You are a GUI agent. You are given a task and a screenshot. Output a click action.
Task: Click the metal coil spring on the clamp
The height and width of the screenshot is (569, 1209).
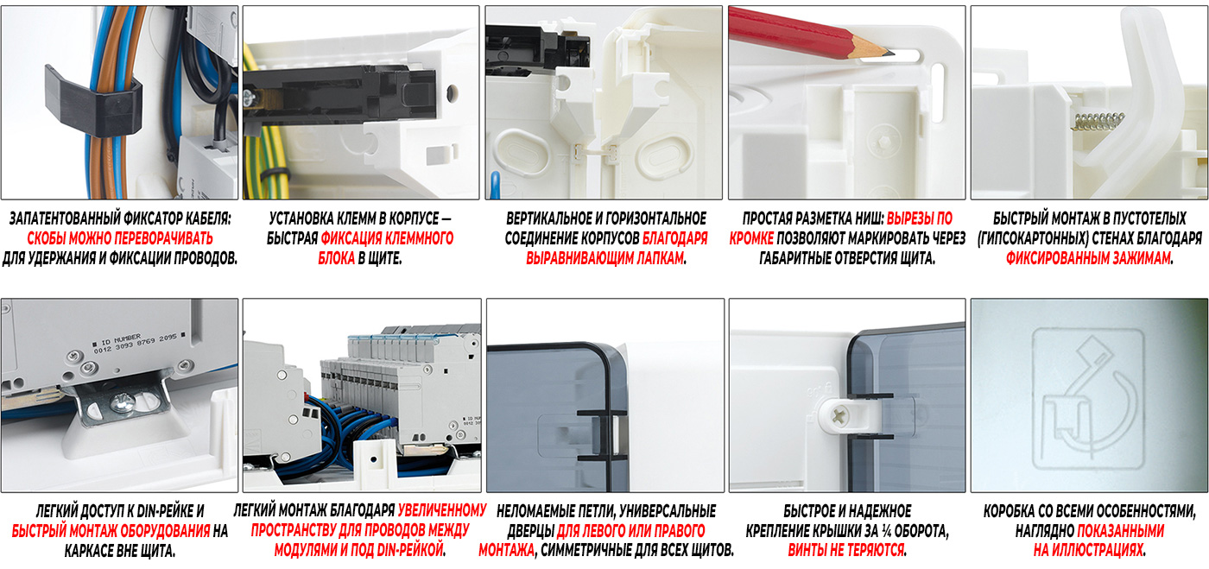1098,122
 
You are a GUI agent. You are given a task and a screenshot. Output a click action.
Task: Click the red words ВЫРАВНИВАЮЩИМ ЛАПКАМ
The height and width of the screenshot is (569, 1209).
605,258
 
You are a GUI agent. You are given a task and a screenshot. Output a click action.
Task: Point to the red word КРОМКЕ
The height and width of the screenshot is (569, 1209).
751,238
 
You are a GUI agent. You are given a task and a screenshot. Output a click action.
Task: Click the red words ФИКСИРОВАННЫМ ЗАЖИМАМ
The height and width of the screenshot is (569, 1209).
1088,258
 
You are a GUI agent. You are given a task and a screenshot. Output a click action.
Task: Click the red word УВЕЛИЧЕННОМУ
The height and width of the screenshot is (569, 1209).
442,510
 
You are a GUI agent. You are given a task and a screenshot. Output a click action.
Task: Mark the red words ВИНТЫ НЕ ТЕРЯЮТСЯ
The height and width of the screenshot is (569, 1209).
846,551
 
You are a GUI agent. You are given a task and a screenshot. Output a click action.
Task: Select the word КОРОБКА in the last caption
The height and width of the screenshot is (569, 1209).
1010,511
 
